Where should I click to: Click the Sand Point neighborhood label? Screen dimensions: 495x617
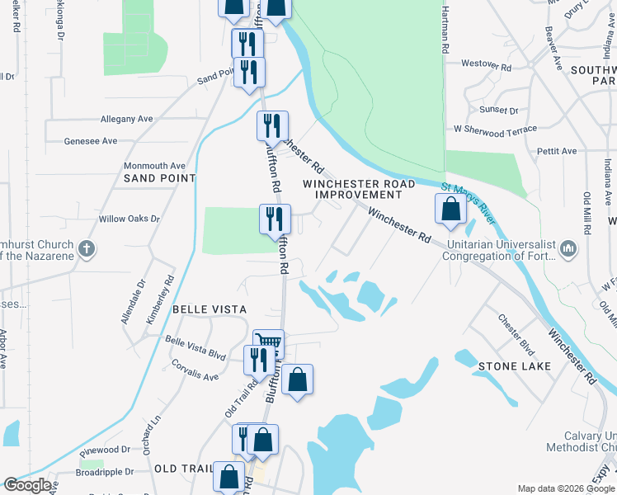click(160, 177)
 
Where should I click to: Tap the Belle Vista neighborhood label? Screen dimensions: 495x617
click(210, 309)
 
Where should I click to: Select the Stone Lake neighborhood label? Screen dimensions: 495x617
click(510, 365)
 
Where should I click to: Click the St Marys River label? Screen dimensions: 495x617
click(468, 203)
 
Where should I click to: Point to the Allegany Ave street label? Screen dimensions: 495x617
click(127, 119)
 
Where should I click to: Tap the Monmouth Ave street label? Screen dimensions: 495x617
click(155, 166)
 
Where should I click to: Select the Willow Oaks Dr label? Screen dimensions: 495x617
click(129, 219)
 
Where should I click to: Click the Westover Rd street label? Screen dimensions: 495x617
click(487, 64)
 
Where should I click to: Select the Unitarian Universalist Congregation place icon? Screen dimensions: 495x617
click(568, 248)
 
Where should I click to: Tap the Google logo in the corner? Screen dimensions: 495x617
click(27, 485)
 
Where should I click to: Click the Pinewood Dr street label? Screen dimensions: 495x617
click(106, 450)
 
